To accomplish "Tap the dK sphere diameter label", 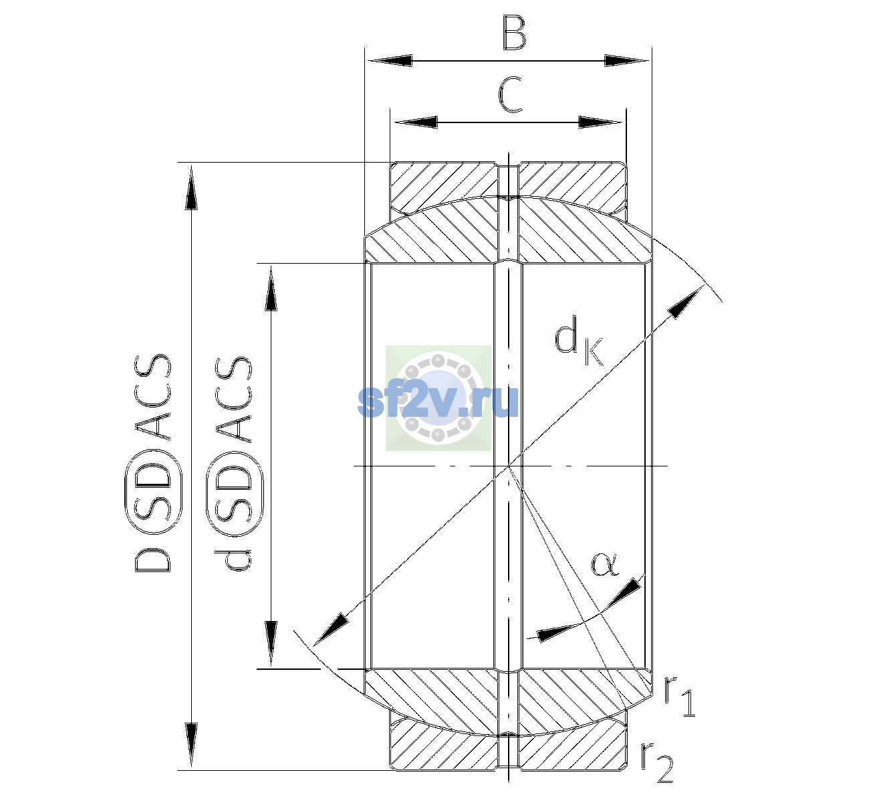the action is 578,341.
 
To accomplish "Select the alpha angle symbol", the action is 604,564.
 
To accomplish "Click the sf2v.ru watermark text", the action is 438,401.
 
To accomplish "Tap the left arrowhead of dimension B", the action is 390,61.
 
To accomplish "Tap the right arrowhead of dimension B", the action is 626,61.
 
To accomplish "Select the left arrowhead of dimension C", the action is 416,122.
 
